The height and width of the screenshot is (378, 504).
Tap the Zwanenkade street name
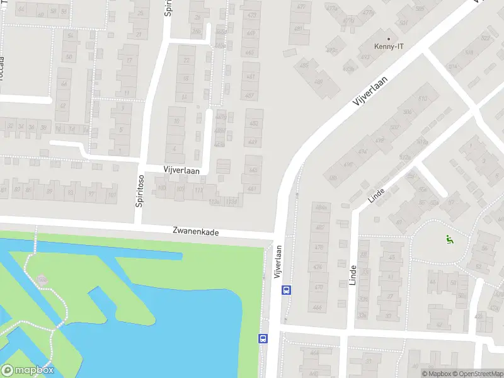pos(196,232)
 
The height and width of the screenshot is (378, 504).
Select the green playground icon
pos(449,239)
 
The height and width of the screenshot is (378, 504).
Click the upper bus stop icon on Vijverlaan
pos(286,290)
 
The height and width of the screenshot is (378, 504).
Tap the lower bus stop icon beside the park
pos(263,338)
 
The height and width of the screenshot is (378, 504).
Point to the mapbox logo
pos(27,370)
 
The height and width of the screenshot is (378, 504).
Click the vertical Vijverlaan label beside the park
pos(277,261)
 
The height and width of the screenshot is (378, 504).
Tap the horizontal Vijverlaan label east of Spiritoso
pos(181,171)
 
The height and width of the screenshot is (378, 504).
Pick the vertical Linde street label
pos(352,275)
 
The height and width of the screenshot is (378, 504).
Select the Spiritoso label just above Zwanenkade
pos(139,192)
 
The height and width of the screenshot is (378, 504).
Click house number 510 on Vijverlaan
pos(422,99)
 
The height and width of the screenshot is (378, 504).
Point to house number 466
pos(317,307)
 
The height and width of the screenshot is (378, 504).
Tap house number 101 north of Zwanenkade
pos(112,195)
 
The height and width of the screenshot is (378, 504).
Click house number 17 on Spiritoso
pos(129,60)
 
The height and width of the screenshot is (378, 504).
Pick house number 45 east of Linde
pos(392,257)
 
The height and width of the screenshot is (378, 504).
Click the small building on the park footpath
pos(42,279)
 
